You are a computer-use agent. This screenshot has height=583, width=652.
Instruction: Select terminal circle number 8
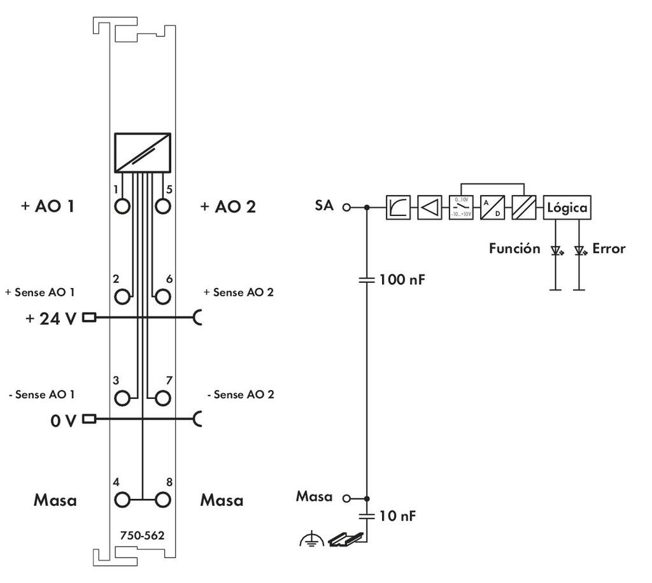163,499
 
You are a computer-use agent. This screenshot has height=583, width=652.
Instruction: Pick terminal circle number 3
122,398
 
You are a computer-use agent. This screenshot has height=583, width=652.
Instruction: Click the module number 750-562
142,536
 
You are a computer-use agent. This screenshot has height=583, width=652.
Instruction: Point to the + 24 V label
51,318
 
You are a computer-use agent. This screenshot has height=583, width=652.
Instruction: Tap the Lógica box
567,207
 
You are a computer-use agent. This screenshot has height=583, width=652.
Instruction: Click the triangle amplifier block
430,207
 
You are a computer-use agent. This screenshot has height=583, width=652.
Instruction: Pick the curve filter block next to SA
399,207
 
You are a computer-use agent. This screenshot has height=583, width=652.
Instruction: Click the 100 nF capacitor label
401,279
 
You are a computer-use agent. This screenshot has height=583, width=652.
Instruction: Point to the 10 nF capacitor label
397,516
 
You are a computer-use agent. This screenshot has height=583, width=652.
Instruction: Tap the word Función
514,248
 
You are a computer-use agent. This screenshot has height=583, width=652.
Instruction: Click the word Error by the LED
609,248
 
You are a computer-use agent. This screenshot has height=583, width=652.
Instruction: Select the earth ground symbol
306,541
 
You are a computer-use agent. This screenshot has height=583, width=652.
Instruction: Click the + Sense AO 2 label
238,292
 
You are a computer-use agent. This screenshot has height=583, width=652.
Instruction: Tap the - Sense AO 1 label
42,394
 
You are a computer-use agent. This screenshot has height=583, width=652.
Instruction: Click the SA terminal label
324,206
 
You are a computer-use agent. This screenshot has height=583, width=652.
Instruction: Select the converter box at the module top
143,152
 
